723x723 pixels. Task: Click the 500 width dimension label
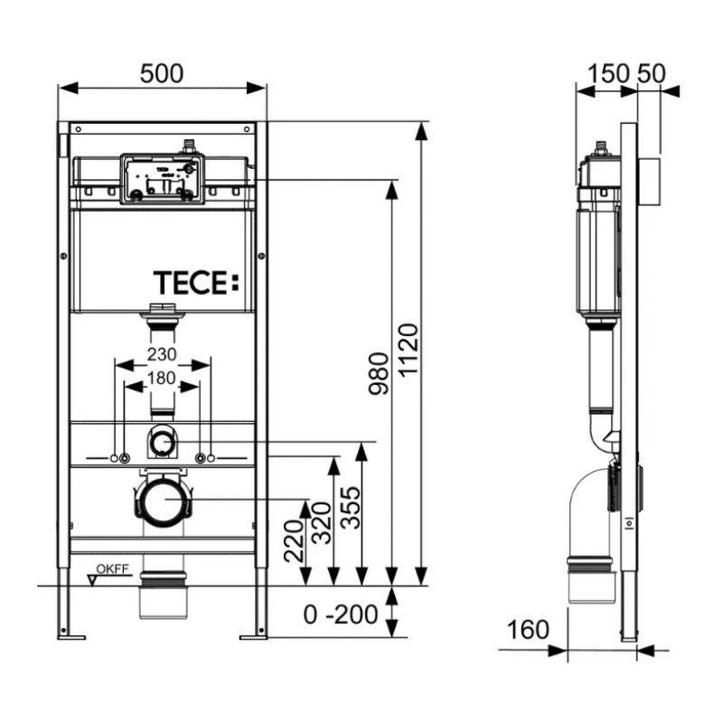162,74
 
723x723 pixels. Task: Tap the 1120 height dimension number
408,350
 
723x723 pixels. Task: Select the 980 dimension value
379,373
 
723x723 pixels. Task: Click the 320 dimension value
322,523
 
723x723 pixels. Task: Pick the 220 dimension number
294,540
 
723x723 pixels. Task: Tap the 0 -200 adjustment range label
341,615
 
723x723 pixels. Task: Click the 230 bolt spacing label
162,354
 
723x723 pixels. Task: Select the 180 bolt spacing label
162,378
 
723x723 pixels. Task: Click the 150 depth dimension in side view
609,74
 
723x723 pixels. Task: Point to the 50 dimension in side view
652,74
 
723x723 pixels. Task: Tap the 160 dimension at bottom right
528,629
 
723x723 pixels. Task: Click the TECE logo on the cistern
196,283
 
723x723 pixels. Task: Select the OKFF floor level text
112,568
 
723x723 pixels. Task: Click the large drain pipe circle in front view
164,500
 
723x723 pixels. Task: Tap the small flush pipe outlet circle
162,442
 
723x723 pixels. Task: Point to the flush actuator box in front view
163,179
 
